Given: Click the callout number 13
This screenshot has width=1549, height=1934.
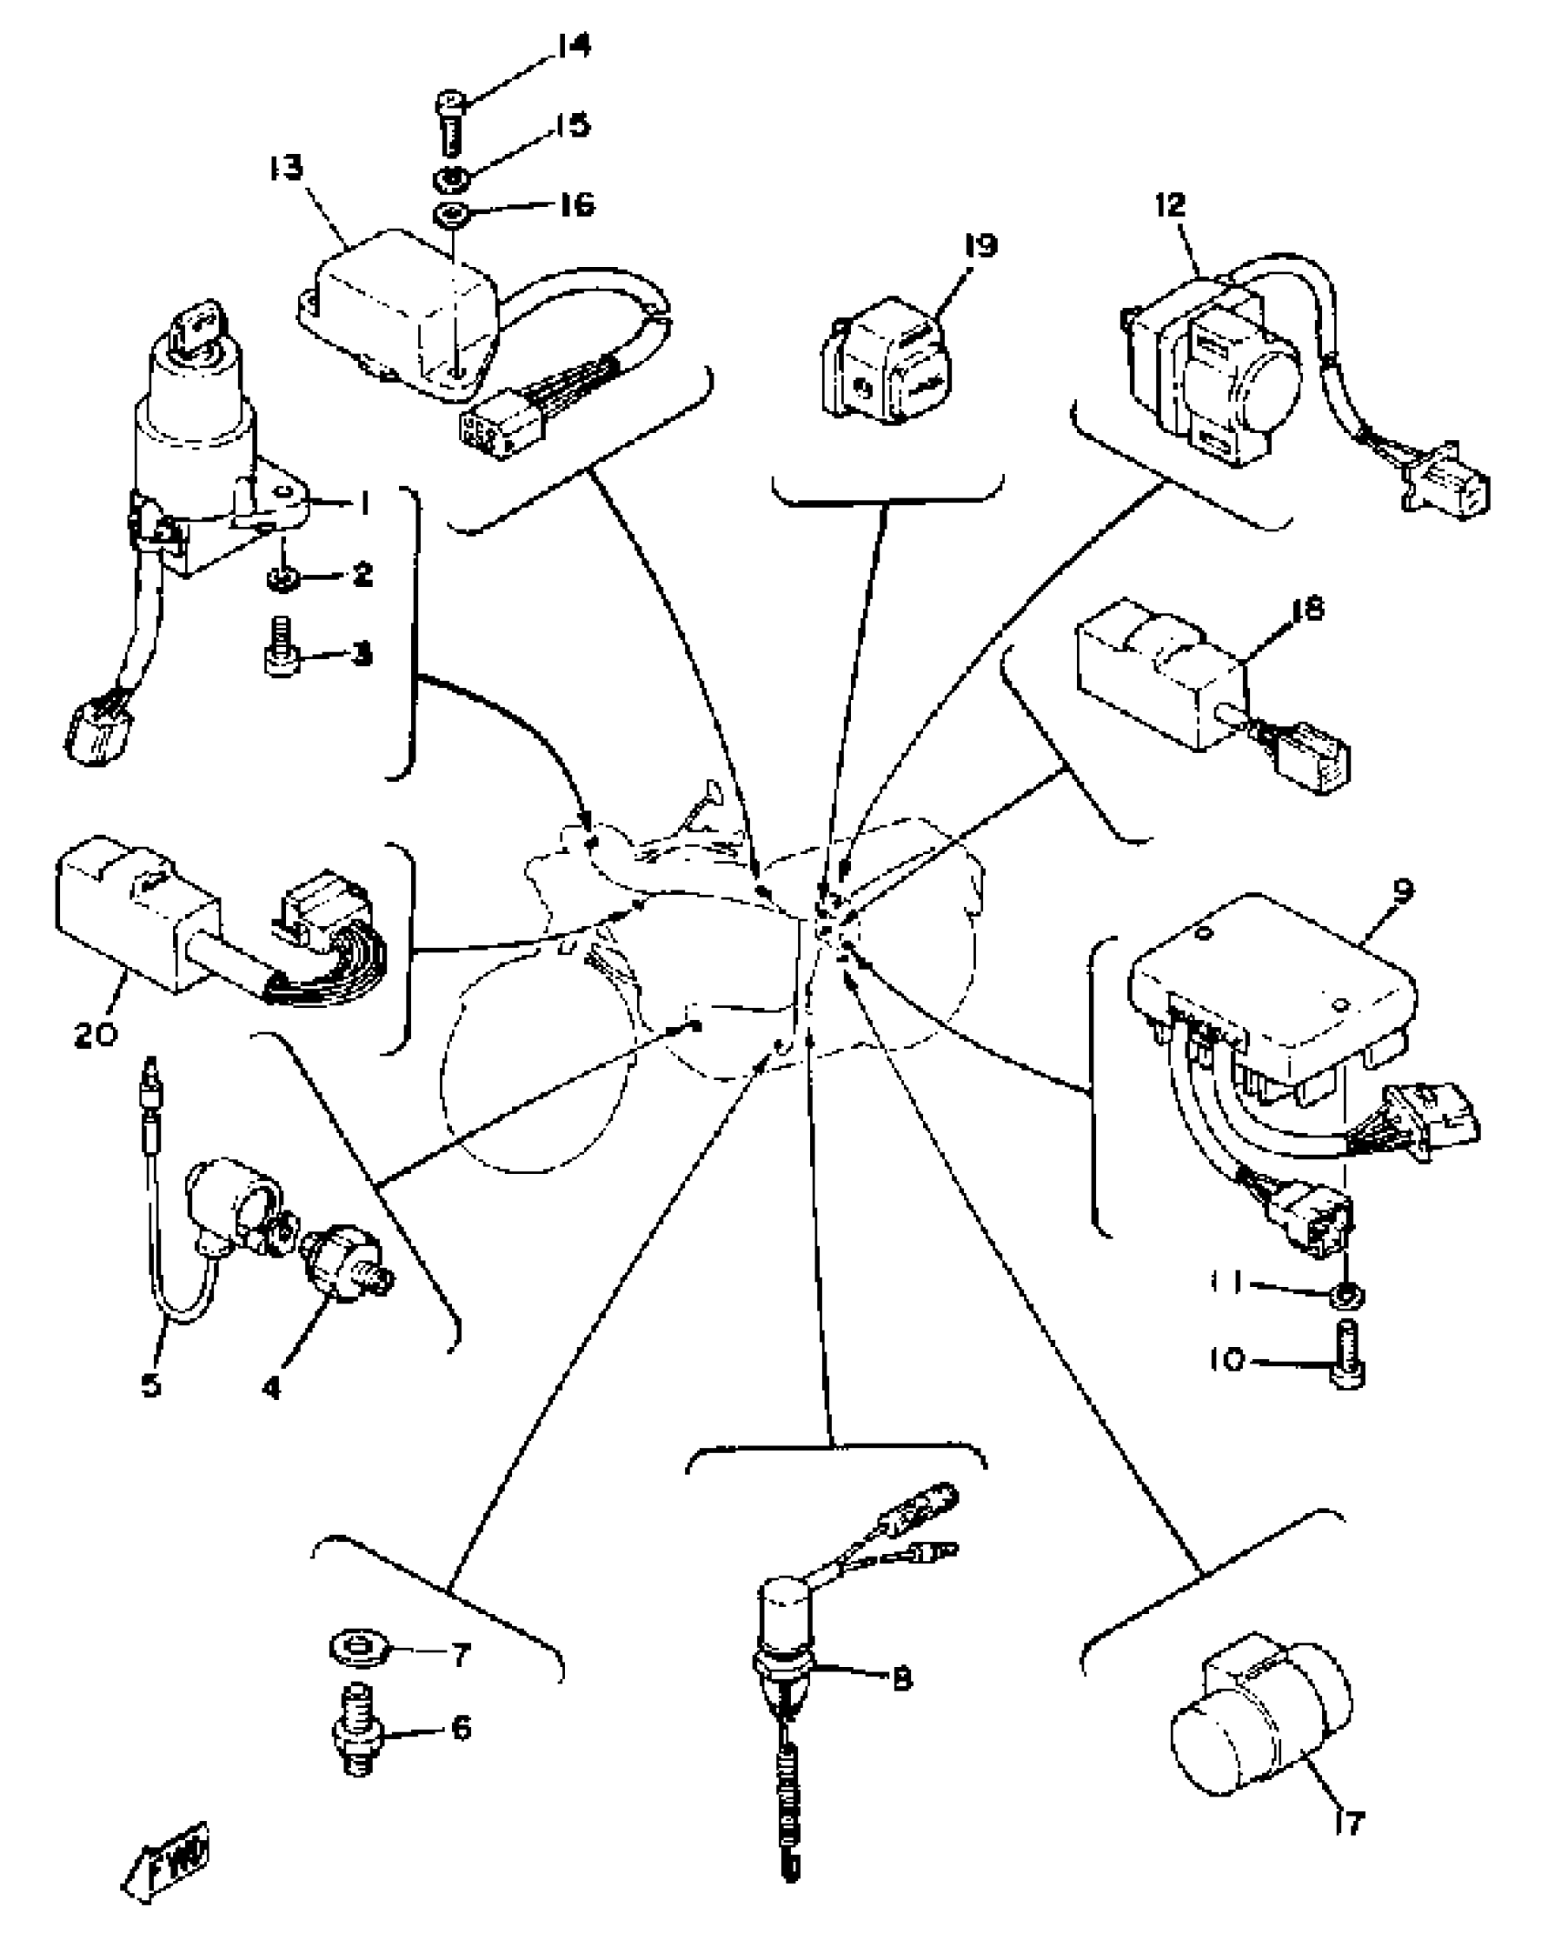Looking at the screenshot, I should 286,169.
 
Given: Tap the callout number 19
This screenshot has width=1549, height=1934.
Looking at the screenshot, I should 981,245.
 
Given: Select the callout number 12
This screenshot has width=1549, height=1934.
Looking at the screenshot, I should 1171,205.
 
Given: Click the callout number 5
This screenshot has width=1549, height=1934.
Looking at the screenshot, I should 151,1411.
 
